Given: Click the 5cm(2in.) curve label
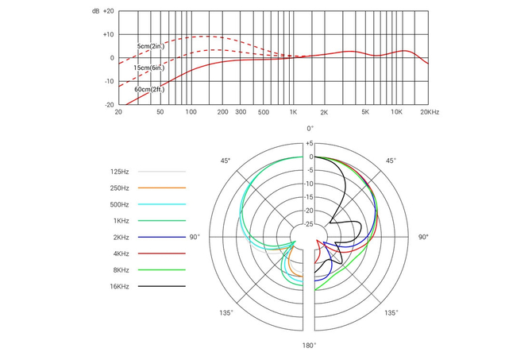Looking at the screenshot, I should pyautogui.click(x=152, y=48).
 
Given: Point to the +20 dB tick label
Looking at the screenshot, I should pyautogui.click(x=107, y=12).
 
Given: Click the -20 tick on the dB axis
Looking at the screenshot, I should pyautogui.click(x=109, y=104).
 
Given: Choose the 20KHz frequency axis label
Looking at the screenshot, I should pyautogui.click(x=430, y=113).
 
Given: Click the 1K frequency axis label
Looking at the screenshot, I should pyautogui.click(x=293, y=113).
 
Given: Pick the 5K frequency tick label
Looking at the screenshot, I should pyautogui.click(x=364, y=113).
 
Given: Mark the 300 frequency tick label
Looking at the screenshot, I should pyautogui.click(x=241, y=113).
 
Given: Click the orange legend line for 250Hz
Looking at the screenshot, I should pyautogui.click(x=161, y=188).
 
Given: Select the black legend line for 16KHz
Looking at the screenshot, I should pyautogui.click(x=161, y=286).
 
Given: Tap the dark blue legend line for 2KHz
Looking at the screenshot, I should pyautogui.click(x=161, y=237).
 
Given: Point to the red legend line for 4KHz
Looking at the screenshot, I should pyautogui.click(x=161, y=254).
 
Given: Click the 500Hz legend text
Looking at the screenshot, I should pyautogui.click(x=121, y=204).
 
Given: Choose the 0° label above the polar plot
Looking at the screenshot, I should pyautogui.click(x=310, y=128).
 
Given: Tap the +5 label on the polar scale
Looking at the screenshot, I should pyautogui.click(x=310, y=144).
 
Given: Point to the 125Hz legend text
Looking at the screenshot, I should pyautogui.click(x=121, y=171).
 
